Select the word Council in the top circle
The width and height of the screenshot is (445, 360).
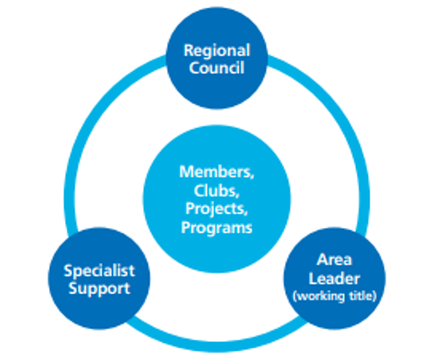[217, 67]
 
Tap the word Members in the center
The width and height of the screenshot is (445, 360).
[216, 172]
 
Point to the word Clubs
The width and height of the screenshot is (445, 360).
[216, 191]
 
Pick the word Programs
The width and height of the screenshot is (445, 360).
[217, 228]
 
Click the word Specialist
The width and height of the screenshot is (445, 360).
[99, 271]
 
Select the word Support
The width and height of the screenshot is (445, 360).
[99, 289]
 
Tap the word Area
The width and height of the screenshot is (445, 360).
[334, 260]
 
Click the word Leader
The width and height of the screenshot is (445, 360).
[334, 279]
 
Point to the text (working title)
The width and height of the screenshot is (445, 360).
[335, 296]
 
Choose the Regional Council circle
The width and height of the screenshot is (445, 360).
[217, 57]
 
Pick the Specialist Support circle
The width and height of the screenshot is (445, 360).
[99, 279]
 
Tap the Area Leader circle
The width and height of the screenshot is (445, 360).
[335, 279]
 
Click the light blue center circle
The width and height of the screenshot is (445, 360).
[217, 199]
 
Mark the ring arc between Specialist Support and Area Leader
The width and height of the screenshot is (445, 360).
[217, 347]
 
